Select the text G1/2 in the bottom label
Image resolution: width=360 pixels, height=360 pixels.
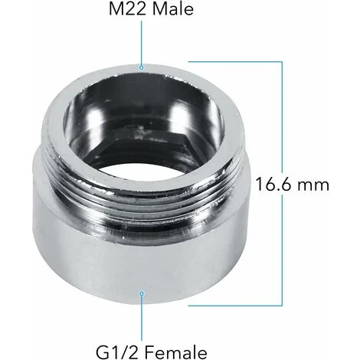(x=119, y=352)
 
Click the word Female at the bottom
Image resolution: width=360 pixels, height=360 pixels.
(x=178, y=352)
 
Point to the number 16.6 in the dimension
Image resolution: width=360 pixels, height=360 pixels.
(x=273, y=184)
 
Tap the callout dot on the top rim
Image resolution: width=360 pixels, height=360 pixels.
(x=141, y=67)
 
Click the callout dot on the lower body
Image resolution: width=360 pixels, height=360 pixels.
(x=141, y=294)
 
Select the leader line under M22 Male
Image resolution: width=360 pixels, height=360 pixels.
(x=141, y=43)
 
